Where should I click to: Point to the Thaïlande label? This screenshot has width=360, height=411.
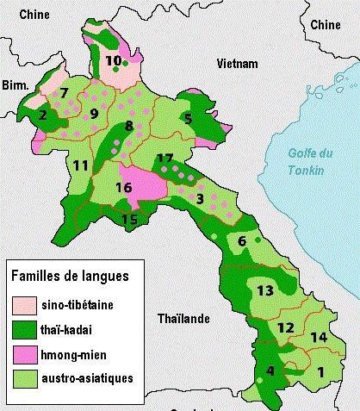click(x=183, y=319)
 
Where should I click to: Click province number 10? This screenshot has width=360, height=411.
click(x=114, y=60)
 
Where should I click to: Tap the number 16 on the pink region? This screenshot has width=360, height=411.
click(x=124, y=187)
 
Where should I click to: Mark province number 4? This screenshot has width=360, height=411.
click(x=270, y=371)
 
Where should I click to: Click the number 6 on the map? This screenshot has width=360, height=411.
click(x=242, y=241)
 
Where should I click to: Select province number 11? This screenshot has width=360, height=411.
click(x=80, y=165)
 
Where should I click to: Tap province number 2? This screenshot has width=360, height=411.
click(x=42, y=115)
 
